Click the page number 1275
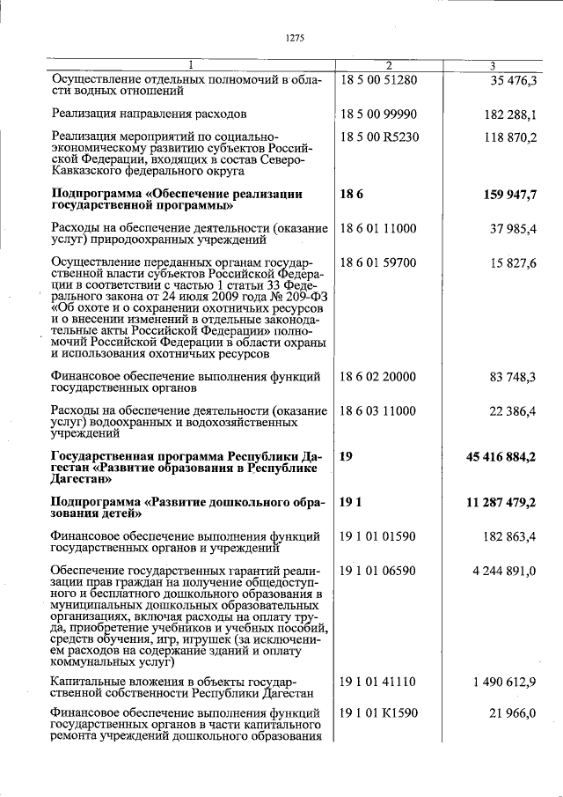(x=295, y=36)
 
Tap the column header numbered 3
(x=493, y=66)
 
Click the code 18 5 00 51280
(x=377, y=80)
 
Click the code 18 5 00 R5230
(x=378, y=137)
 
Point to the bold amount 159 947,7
(x=508, y=195)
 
